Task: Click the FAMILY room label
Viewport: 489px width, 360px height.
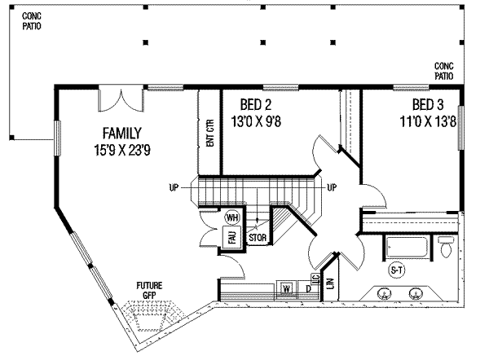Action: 122,134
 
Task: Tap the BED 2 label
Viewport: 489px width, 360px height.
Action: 256,105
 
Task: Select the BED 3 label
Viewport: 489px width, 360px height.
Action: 428,105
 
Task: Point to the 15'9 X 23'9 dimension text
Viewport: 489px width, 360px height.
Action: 122,150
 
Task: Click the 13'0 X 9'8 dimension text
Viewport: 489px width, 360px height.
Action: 256,121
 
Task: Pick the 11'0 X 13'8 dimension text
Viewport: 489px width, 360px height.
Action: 428,121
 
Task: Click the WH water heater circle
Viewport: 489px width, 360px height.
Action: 232,217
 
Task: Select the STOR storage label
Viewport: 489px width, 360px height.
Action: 258,238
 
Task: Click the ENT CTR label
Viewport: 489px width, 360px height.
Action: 210,133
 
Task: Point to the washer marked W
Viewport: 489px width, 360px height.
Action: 286,289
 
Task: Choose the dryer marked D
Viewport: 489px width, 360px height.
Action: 308,289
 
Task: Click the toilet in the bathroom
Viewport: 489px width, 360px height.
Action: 446,247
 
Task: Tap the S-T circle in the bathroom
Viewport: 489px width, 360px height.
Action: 397,270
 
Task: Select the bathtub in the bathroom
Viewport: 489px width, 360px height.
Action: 407,248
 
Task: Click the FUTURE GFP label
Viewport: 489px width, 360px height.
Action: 149,290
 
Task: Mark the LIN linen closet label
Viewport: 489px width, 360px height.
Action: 331,283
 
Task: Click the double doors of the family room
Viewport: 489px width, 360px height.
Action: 121,100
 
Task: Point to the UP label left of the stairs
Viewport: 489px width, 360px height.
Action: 174,187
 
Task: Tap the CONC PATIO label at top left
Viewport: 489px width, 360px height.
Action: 32,21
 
